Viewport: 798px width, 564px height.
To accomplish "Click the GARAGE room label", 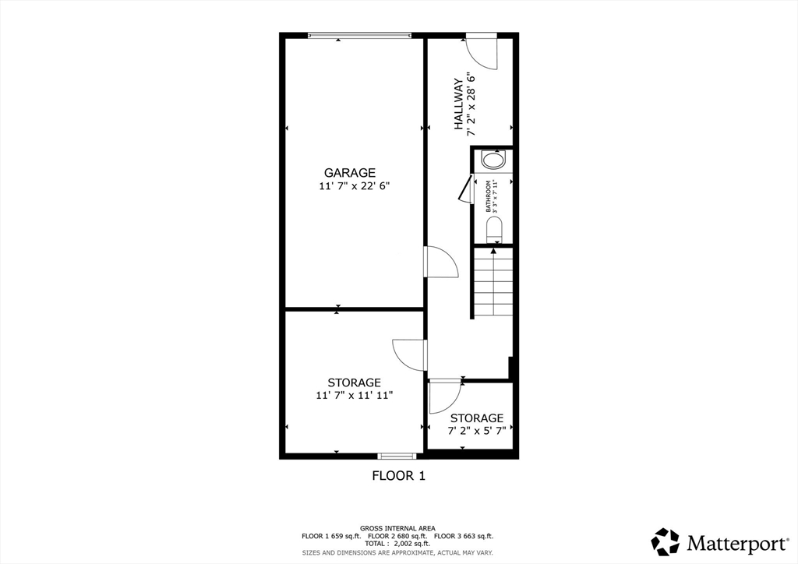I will pyautogui.click(x=350, y=173).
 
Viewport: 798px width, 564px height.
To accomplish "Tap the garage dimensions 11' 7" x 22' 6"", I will pyautogui.click(x=353, y=186).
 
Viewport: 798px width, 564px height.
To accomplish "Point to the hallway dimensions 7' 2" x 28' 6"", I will pyautogui.click(x=471, y=104).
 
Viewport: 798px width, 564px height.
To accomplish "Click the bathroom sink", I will pyautogui.click(x=493, y=160).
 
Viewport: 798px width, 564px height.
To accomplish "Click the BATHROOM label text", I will pyautogui.click(x=489, y=196).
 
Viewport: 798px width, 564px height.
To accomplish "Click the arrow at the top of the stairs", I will pyautogui.click(x=493, y=250).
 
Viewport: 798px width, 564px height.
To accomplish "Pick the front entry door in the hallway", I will pyautogui.click(x=482, y=51).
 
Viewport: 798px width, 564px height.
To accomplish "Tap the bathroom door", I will pyautogui.click(x=465, y=189).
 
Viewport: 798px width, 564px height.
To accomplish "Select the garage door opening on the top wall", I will pyautogui.click(x=358, y=35).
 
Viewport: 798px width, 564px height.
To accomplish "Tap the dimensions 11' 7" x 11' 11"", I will pyautogui.click(x=354, y=396).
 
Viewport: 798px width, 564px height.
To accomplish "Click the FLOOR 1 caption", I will pyautogui.click(x=398, y=475).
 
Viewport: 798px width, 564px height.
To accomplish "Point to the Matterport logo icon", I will pyautogui.click(x=666, y=541).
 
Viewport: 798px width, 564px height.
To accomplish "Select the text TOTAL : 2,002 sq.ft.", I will pyautogui.click(x=397, y=544).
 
